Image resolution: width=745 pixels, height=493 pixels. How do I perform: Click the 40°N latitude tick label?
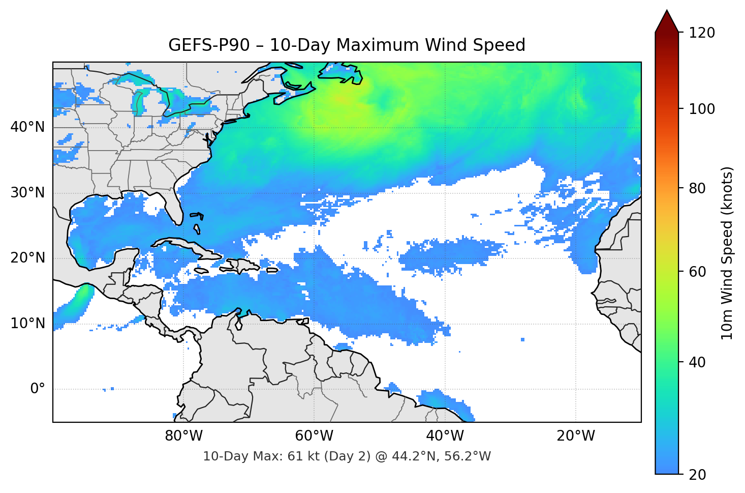[27, 127]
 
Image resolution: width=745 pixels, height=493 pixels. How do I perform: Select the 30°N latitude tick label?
[27, 193]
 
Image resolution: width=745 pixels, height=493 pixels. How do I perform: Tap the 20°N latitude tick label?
[27, 258]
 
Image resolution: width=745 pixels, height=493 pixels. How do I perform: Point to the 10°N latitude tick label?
[27, 324]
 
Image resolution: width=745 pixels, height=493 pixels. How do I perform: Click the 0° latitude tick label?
[38, 389]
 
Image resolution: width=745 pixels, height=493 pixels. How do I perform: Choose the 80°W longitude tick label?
[183, 436]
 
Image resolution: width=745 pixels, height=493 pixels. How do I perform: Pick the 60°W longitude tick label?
[314, 436]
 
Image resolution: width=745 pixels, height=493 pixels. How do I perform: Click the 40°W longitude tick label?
[445, 436]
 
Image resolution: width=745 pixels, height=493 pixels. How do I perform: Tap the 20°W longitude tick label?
[575, 436]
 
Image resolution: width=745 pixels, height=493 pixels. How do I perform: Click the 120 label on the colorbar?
[702, 33]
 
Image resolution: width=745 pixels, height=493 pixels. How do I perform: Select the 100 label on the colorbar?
[702, 109]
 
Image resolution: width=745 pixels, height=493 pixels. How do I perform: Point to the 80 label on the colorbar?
[697, 188]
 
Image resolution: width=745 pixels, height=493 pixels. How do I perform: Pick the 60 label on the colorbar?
[697, 272]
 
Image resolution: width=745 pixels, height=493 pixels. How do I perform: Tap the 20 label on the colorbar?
[697, 475]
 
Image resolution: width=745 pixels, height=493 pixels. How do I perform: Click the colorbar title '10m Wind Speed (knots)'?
[727, 253]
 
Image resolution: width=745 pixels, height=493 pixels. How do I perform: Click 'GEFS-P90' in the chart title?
[209, 45]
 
